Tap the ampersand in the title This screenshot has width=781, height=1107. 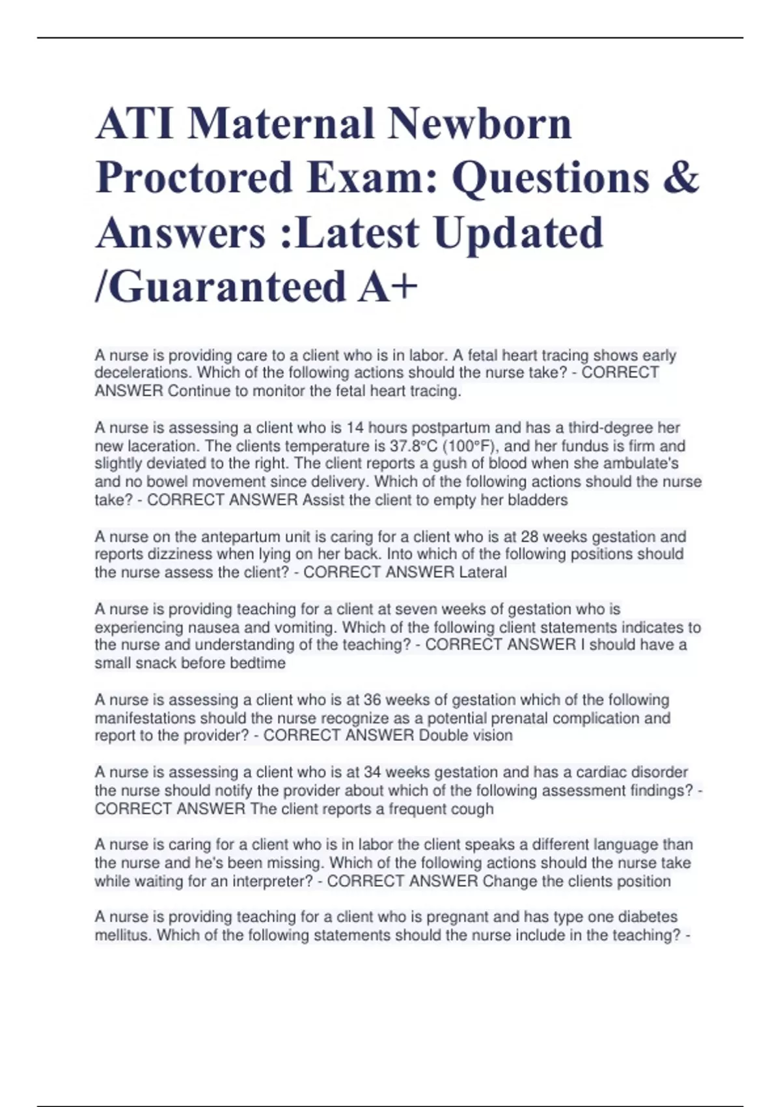[x=681, y=177]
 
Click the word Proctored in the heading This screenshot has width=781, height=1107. [x=194, y=177]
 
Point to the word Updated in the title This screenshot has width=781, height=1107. [x=519, y=232]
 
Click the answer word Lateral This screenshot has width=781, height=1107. [x=482, y=572]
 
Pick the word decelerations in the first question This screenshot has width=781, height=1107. [x=143, y=372]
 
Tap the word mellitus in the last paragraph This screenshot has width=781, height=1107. [x=122, y=935]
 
